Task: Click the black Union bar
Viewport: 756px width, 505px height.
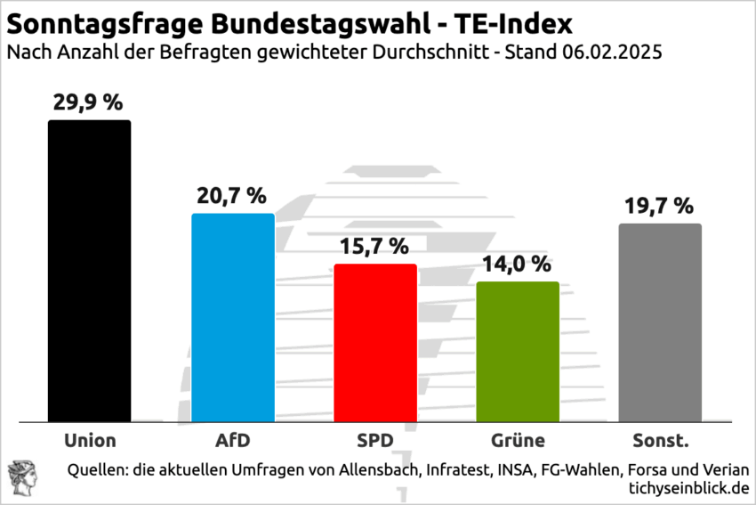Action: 89,271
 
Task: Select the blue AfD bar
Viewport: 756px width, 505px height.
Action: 233,317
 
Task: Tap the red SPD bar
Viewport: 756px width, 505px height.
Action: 375,342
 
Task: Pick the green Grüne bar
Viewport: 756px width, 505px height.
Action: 518,351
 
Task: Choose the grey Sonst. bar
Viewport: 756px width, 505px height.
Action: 660,322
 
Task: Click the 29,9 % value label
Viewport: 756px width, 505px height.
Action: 88,103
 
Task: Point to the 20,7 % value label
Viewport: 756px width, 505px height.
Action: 231,195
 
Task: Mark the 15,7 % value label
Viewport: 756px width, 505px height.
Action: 374,247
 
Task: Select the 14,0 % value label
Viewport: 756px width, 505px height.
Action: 518,264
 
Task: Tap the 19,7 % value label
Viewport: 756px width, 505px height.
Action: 659,207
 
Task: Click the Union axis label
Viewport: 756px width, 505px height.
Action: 90,440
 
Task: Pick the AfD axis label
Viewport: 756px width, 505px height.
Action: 232,440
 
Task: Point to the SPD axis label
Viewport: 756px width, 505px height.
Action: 374,440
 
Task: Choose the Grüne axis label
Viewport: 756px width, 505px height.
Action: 518,440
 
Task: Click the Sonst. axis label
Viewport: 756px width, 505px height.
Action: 659,440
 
